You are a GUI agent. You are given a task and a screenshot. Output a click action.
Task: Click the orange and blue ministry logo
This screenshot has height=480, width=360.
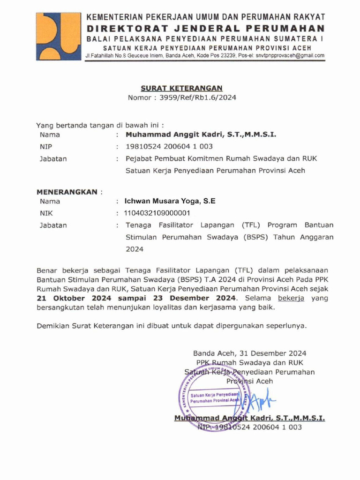[x=58, y=36]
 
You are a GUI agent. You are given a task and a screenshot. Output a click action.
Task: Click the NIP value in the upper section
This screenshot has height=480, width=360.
[x=169, y=146]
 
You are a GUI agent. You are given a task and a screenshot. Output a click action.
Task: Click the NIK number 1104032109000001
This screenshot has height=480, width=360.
[x=157, y=213]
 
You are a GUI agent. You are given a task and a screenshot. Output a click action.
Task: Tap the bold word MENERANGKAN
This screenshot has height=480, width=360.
[x=67, y=192]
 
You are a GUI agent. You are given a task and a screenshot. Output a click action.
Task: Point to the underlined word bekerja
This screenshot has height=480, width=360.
[x=291, y=298]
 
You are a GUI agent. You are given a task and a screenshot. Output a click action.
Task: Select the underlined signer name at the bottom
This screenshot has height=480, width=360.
[x=249, y=418]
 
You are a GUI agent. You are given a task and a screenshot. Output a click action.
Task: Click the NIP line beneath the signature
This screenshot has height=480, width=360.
[x=249, y=427]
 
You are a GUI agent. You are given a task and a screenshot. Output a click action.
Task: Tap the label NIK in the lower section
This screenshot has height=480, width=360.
[x=47, y=213]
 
